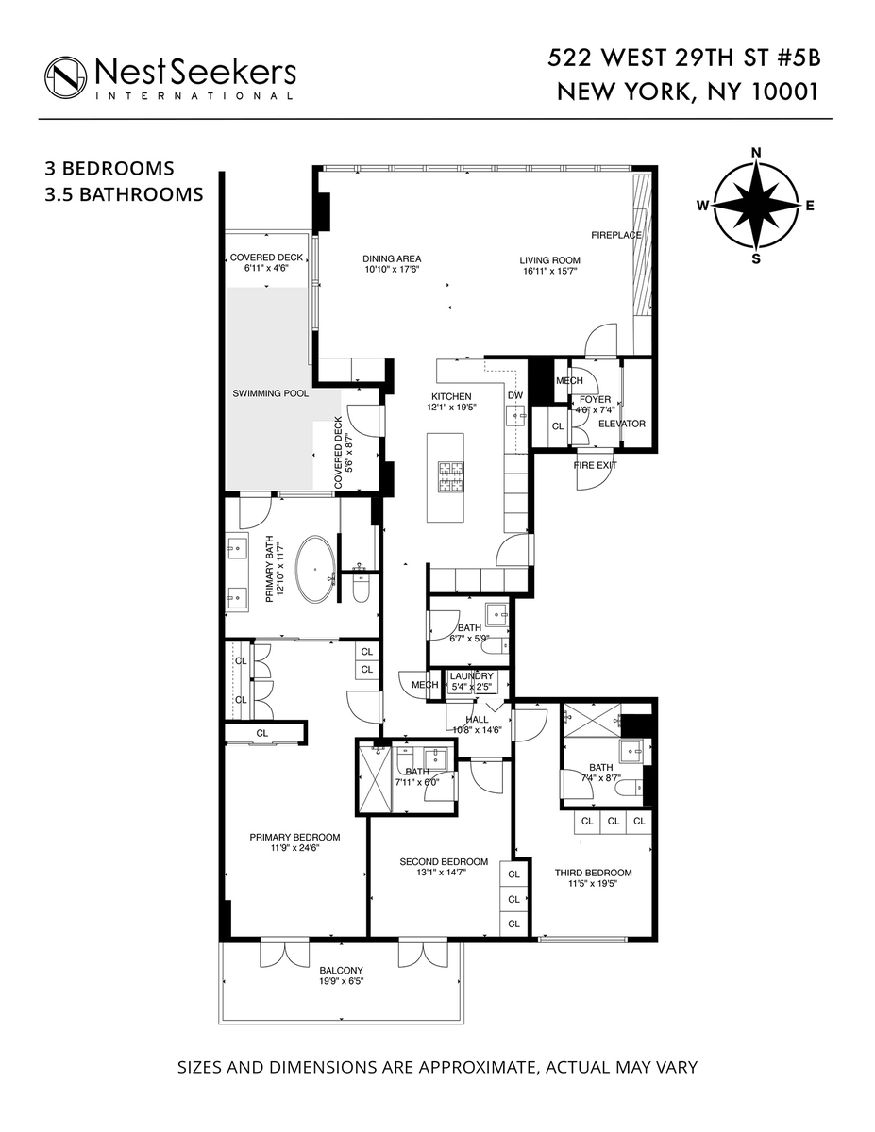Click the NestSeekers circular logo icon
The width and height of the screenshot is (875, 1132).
pyautogui.click(x=66, y=75)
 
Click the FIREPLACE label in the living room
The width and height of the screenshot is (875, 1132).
pyautogui.click(x=616, y=235)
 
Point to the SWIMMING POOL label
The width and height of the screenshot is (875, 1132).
pyautogui.click(x=270, y=393)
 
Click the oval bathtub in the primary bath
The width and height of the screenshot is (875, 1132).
pyautogui.click(x=314, y=570)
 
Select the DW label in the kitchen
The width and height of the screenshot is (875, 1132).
pyautogui.click(x=514, y=395)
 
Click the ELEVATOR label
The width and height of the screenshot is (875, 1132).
pyautogui.click(x=622, y=424)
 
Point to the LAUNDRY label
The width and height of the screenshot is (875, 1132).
pyautogui.click(x=471, y=676)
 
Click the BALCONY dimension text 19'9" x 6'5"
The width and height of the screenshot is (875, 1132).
pyautogui.click(x=341, y=981)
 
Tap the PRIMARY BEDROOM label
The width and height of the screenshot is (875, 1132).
pyautogui.click(x=294, y=837)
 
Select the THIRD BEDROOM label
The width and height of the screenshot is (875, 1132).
pyautogui.click(x=593, y=873)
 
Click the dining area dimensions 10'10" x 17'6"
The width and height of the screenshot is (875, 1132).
pyautogui.click(x=392, y=269)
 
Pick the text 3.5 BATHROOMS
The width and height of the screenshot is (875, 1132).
pyautogui.click(x=125, y=195)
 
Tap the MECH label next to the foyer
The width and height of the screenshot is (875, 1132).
pyautogui.click(x=569, y=380)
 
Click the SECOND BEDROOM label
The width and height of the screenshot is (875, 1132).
pyautogui.click(x=444, y=861)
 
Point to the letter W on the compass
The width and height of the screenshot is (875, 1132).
pyautogui.click(x=703, y=205)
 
